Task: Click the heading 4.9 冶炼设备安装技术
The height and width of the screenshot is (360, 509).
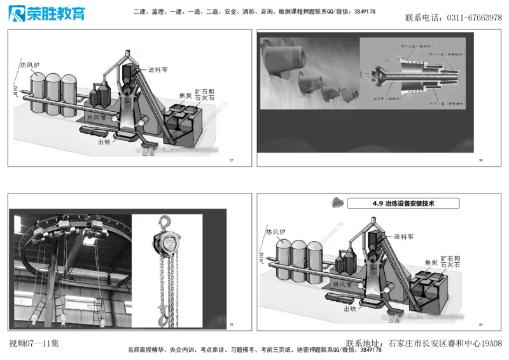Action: click(x=405, y=203)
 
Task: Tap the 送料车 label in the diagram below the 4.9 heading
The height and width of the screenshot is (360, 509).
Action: click(x=406, y=237)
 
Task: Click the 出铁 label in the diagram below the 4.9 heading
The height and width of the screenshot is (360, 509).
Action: click(x=349, y=308)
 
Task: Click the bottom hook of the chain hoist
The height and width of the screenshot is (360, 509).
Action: click(x=164, y=313)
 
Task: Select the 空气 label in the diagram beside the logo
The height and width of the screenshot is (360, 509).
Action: click(x=15, y=89)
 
